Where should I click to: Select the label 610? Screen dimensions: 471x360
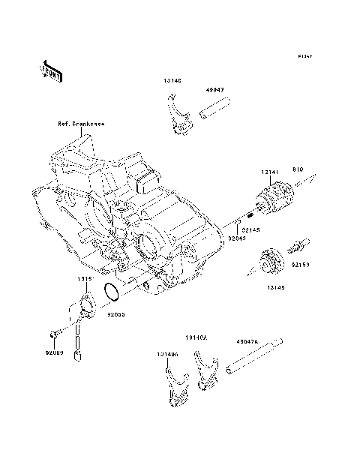pyautogui.click(x=296, y=170)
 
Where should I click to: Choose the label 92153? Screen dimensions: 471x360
pyautogui.click(x=301, y=265)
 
